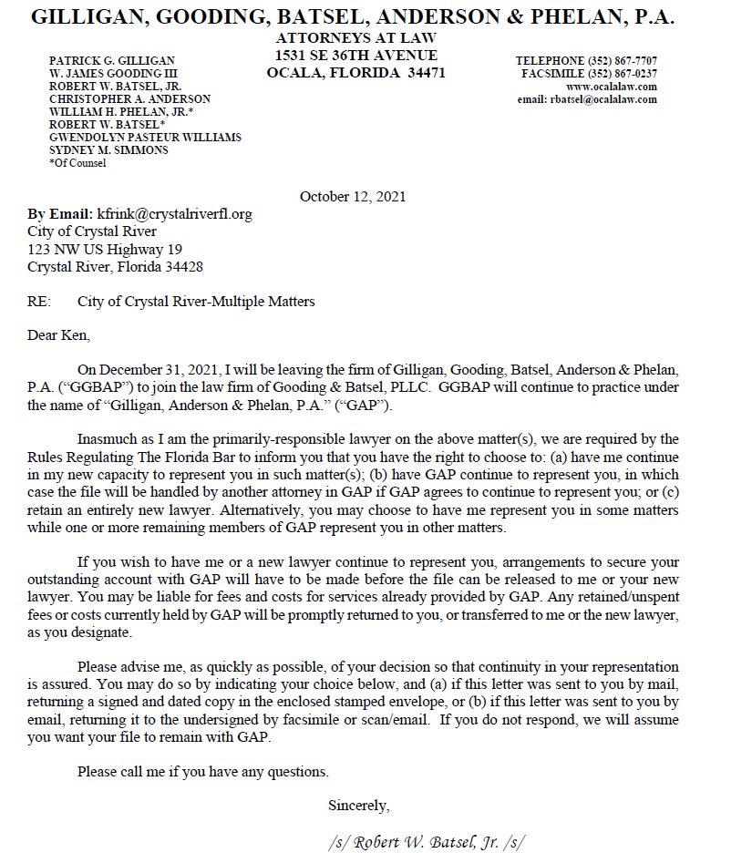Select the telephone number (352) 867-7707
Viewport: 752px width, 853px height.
[x=623, y=60]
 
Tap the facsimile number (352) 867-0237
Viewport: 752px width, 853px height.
[x=623, y=74]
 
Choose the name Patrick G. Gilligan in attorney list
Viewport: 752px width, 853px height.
[x=111, y=60]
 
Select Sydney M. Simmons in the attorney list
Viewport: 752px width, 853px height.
[x=108, y=149]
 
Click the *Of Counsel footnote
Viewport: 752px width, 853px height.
[x=77, y=163]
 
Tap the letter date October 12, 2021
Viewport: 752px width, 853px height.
[x=353, y=196]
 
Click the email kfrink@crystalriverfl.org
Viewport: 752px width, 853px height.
[x=174, y=214]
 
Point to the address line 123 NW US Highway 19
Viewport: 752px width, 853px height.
[x=105, y=249]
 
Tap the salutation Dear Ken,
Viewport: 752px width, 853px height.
[x=59, y=335]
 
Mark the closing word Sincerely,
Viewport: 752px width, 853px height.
[x=358, y=805]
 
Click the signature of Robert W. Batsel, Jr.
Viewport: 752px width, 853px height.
[x=427, y=841]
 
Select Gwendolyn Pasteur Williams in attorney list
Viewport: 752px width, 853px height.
[x=145, y=137]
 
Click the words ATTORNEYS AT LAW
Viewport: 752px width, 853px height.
[x=355, y=38]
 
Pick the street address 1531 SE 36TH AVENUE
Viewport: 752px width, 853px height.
[x=355, y=56]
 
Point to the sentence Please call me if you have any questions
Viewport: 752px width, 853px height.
[x=203, y=771]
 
